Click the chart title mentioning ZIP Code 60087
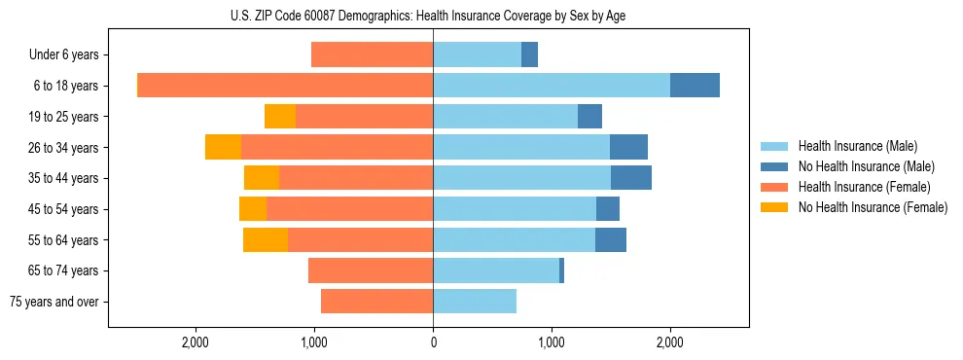pos(433,16)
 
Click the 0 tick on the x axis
pos(433,342)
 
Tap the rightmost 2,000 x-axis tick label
pos(669,342)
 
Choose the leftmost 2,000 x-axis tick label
pos(196,342)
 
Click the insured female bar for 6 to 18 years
pos(285,86)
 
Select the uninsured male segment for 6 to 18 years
pos(695,86)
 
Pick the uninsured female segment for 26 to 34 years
pos(223,147)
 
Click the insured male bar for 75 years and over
pos(475,302)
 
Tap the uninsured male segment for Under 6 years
pos(529,55)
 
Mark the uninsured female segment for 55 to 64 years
pos(266,239)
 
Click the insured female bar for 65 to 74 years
pos(371,270)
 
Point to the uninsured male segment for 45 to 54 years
pos(608,209)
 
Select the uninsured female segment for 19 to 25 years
pos(280,117)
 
